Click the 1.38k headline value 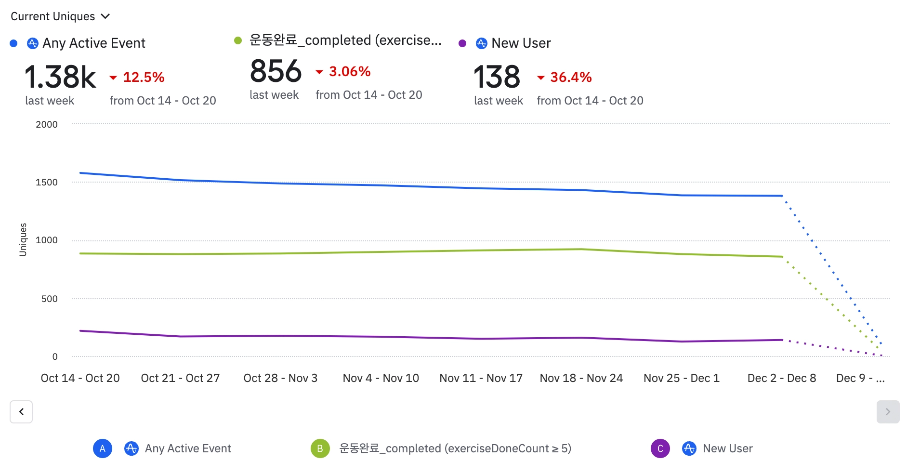pyautogui.click(x=60, y=77)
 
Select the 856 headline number pyautogui.click(x=276, y=71)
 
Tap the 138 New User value pyautogui.click(x=497, y=77)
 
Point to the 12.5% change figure pyautogui.click(x=143, y=77)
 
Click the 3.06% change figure pyautogui.click(x=349, y=71)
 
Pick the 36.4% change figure pyautogui.click(x=571, y=77)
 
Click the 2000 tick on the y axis pyautogui.click(x=47, y=124)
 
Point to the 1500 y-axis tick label pyautogui.click(x=47, y=182)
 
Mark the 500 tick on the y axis pyautogui.click(x=50, y=299)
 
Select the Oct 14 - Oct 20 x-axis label pyautogui.click(x=80, y=378)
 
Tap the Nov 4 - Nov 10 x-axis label pyautogui.click(x=381, y=378)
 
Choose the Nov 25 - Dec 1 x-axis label pyautogui.click(x=682, y=378)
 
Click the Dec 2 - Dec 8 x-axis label pyautogui.click(x=782, y=378)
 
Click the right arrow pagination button pyautogui.click(x=888, y=412)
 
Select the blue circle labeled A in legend pyautogui.click(x=103, y=448)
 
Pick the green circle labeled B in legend pyautogui.click(x=320, y=448)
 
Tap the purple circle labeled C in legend pyautogui.click(x=660, y=448)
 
